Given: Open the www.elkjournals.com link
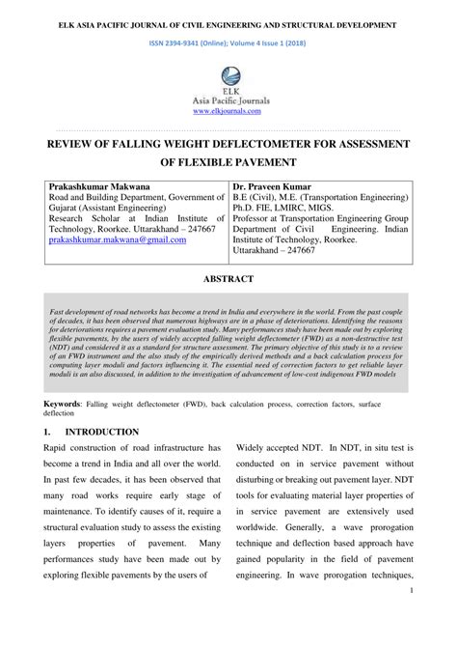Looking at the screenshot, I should coord(228,111).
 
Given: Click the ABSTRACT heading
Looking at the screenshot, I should coord(228,278).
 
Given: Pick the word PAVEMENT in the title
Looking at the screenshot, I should coord(259,162).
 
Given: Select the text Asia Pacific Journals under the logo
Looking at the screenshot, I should coord(228,100).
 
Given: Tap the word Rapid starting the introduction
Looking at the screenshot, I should coord(60,449).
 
